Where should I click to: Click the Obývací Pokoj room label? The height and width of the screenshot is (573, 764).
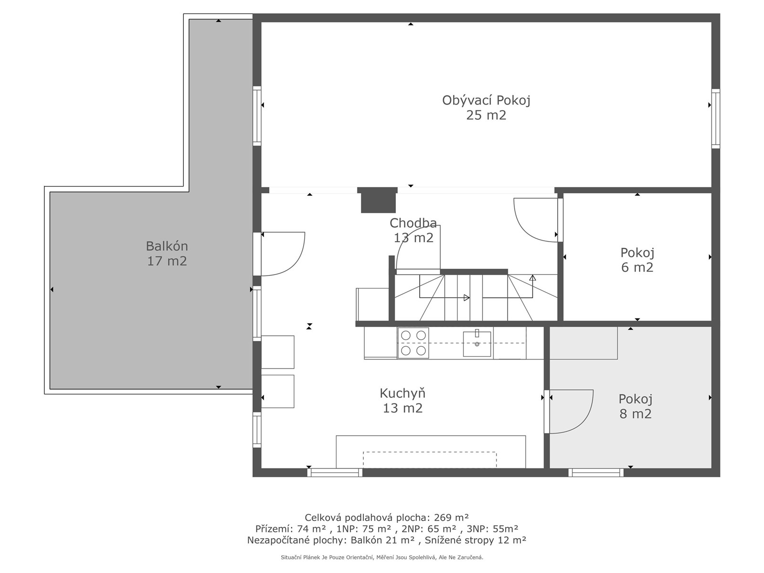[x=486, y=100]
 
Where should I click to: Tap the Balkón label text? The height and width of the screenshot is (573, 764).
[x=167, y=246]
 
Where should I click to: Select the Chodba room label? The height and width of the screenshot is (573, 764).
[x=413, y=223]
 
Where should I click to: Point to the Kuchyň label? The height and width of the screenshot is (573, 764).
[x=403, y=393]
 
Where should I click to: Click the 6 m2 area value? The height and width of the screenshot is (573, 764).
[x=637, y=267]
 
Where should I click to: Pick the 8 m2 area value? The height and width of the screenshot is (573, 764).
[x=635, y=414]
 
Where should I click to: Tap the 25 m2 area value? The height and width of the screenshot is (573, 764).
[x=486, y=115]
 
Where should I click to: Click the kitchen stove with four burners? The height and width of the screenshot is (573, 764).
[x=413, y=343]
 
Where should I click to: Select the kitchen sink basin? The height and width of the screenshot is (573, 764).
[x=477, y=344]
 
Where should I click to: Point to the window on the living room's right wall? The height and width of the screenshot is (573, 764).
[x=716, y=118]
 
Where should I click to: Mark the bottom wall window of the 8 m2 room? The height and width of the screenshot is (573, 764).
[x=596, y=472]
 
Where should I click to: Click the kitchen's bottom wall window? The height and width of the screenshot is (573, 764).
[x=335, y=472]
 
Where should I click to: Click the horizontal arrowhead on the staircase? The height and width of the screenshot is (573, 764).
[x=467, y=298]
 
